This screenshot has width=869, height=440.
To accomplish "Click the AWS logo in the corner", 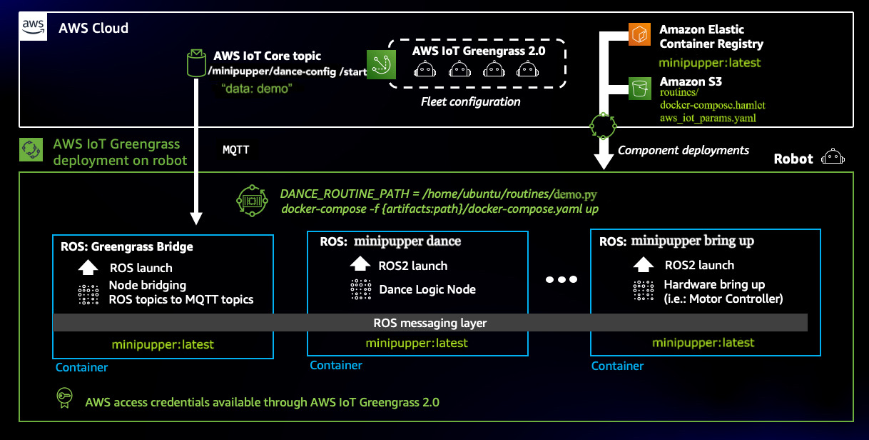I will (x=33, y=26).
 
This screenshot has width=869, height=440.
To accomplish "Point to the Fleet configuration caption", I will (x=471, y=101).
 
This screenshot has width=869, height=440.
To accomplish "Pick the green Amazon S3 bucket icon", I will (x=638, y=88).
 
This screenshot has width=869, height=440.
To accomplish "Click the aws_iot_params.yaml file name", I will (x=707, y=118).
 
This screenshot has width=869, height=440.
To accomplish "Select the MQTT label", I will (x=236, y=150).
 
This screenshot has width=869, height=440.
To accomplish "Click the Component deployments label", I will (x=683, y=150).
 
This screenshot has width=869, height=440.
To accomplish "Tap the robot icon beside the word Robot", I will (x=832, y=157).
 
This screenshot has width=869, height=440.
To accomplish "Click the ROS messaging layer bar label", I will (x=430, y=323).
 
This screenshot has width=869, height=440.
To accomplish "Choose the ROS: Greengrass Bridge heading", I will (x=126, y=246).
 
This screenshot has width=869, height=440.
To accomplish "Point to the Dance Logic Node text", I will (x=427, y=289).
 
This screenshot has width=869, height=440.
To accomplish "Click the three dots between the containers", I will (x=560, y=279).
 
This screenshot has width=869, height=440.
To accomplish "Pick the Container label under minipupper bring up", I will (x=618, y=366).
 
